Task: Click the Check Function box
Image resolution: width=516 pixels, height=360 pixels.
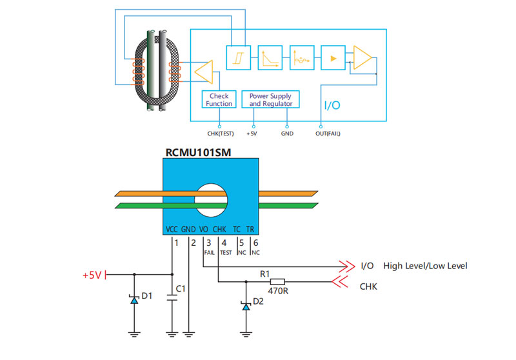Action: pos(219,99)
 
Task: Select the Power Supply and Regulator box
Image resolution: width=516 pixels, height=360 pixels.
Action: pos(271,99)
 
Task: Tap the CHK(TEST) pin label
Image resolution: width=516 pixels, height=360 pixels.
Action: pos(220,134)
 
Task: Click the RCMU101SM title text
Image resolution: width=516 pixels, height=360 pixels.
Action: pos(199,153)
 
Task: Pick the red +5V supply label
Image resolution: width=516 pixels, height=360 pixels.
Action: pos(92,275)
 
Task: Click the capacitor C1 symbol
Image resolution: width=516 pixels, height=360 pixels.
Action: pos(172,298)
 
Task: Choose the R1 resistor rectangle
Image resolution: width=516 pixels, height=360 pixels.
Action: pos(277,281)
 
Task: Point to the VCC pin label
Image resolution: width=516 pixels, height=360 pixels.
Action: pos(172,229)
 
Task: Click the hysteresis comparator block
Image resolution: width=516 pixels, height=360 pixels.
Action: pos(238,58)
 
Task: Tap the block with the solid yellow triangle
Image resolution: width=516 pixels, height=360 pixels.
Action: pos(333,58)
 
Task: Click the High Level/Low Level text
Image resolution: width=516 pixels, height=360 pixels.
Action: pos(425,266)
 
